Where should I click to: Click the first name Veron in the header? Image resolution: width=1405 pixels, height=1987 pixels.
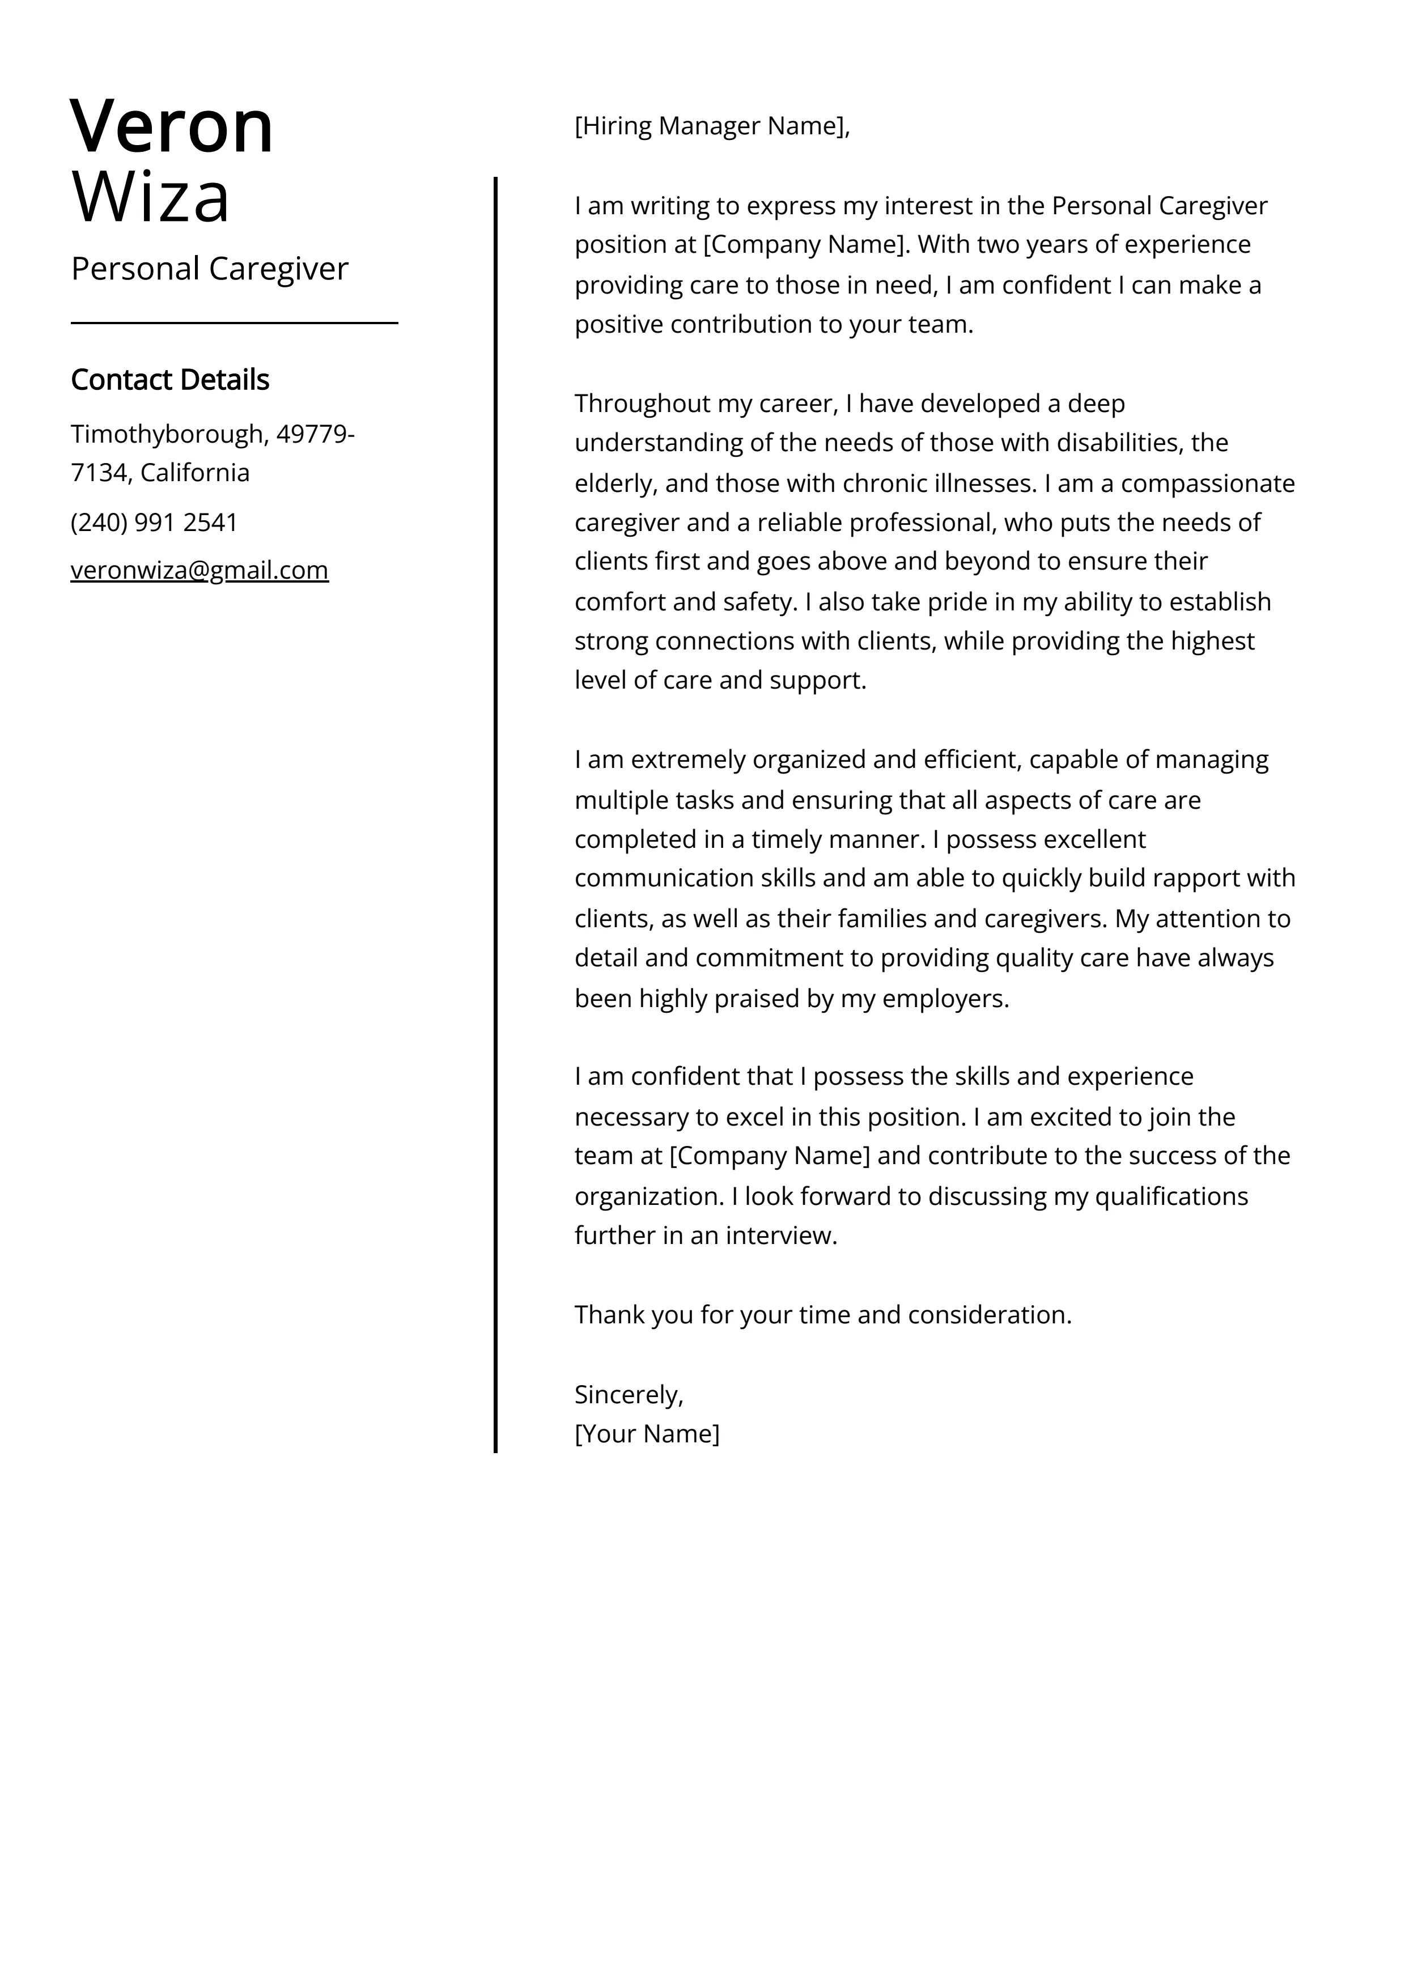(171, 127)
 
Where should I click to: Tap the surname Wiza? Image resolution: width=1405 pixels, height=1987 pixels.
(151, 197)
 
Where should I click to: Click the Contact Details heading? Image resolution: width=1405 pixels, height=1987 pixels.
(169, 379)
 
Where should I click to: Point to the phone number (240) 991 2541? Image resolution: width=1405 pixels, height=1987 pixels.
(154, 522)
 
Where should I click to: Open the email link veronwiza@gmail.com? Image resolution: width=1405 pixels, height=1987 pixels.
(199, 570)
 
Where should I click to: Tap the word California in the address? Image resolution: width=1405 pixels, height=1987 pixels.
(195, 473)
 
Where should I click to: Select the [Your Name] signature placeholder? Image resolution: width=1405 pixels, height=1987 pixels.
(647, 1433)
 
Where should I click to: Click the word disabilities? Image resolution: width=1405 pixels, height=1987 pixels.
(1106, 443)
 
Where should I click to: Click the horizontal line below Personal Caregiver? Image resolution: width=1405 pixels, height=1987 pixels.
(234, 323)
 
